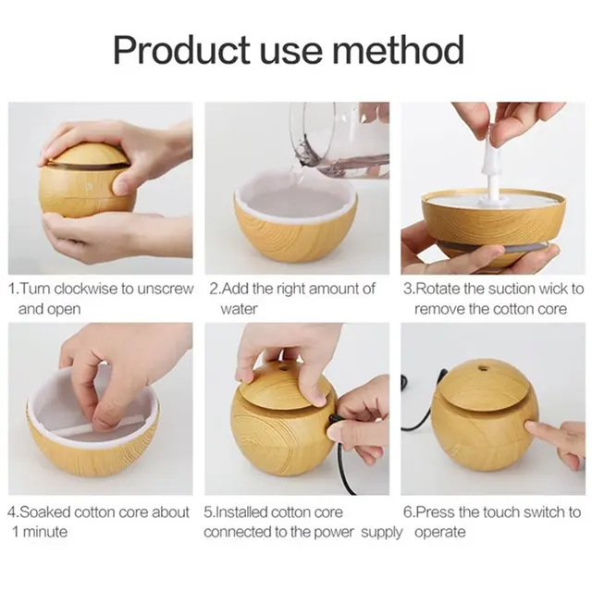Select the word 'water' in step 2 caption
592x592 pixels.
239,309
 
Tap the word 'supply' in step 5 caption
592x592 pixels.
382,533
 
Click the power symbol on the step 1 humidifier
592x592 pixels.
90,186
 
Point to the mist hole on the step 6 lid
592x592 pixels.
481,366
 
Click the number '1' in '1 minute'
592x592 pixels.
16,532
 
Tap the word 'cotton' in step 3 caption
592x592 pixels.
503,309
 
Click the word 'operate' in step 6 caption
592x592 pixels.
440,533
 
